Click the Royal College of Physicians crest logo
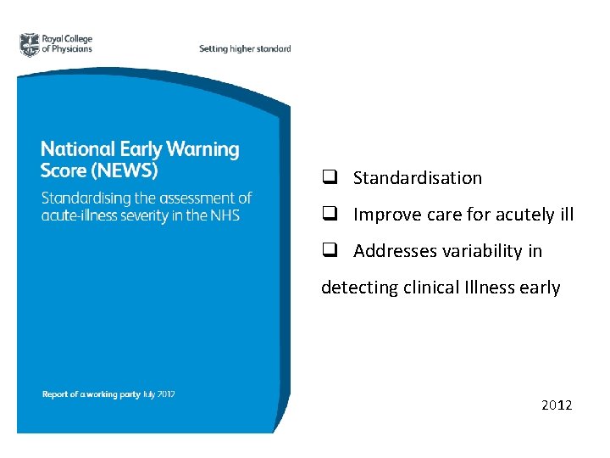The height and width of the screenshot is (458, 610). tap(30, 45)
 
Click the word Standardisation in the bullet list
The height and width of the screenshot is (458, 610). tap(418, 178)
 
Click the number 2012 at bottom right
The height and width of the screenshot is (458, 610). tap(557, 405)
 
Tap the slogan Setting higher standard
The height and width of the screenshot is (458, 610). tap(245, 48)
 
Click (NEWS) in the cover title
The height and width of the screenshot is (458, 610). tap(124, 170)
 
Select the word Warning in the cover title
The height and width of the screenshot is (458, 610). tap(202, 150)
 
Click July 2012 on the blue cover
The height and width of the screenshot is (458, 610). tap(158, 394)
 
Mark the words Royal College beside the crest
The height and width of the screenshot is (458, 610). tap(68, 39)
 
